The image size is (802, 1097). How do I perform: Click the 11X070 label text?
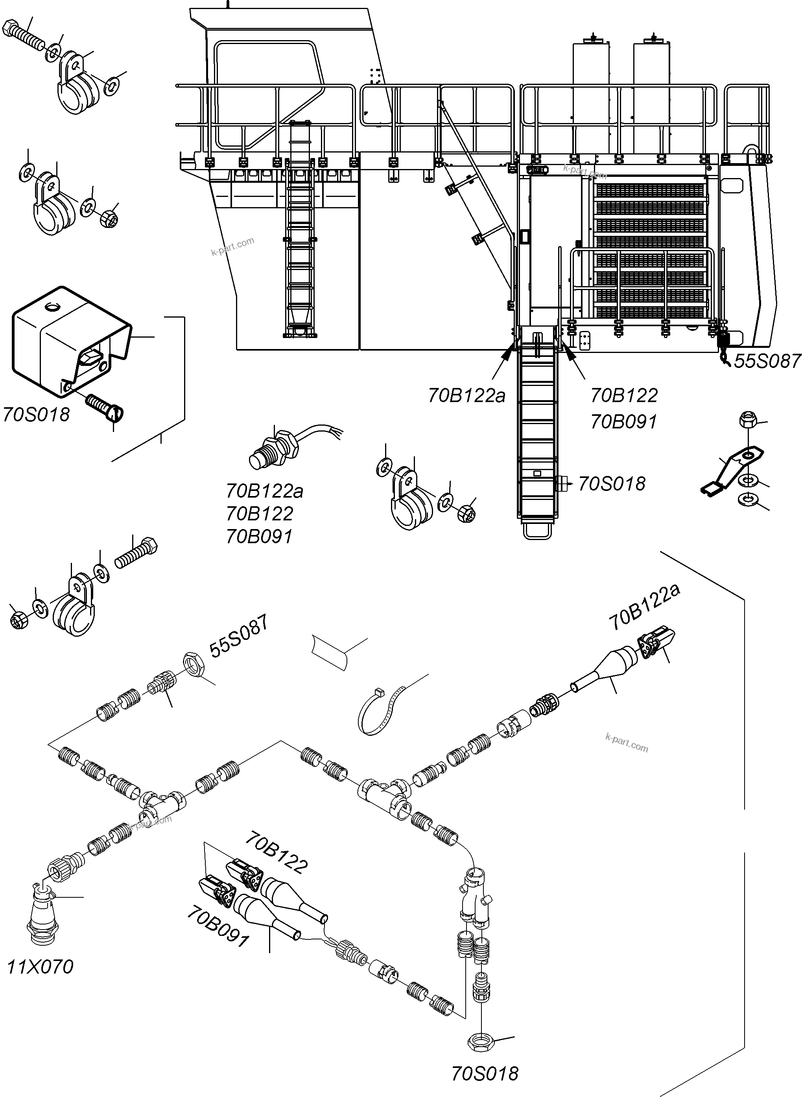pyautogui.click(x=40, y=967)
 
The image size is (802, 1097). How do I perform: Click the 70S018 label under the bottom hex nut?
pyautogui.click(x=485, y=1074)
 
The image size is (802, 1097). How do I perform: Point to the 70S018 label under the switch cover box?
pyautogui.click(x=37, y=415)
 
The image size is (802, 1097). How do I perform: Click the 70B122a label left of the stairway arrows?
pyautogui.click(x=466, y=396)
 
